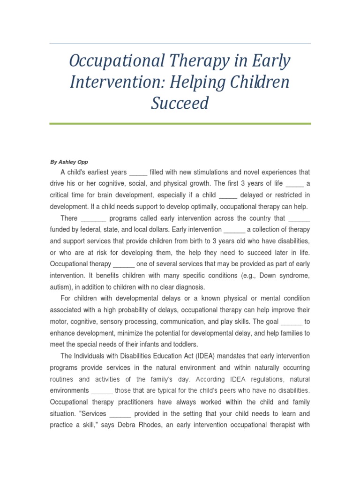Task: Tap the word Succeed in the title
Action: (x=180, y=103)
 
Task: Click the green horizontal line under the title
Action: (x=180, y=124)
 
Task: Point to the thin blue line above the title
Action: (x=180, y=44)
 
